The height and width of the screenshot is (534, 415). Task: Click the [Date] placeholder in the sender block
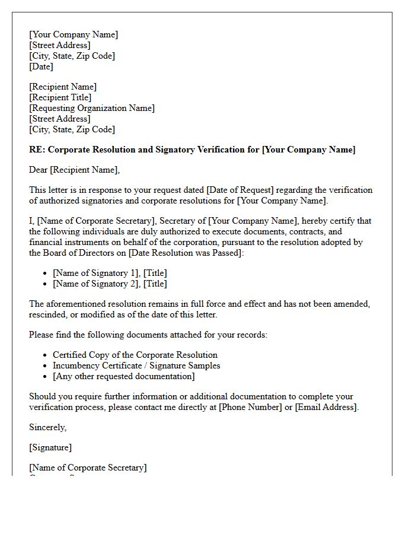tap(41, 66)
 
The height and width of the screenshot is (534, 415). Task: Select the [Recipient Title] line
tap(60, 97)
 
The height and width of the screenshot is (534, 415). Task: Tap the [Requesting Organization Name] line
tap(92, 108)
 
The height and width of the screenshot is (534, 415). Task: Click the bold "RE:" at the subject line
tap(37, 150)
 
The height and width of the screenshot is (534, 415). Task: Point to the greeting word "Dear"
tap(39, 170)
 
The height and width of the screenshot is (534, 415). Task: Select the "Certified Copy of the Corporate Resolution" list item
tap(135, 355)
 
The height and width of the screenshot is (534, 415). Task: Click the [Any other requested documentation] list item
tap(123, 376)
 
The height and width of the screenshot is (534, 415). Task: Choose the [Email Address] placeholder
tap(325, 407)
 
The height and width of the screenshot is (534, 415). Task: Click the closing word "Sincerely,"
tap(48, 427)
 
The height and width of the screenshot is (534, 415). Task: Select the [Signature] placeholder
tap(50, 447)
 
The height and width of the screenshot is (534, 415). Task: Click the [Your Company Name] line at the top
tap(74, 34)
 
